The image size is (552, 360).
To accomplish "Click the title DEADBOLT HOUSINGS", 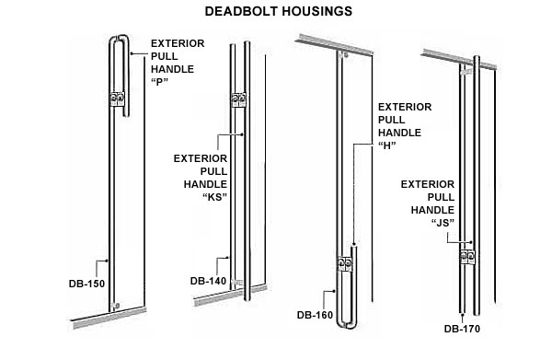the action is [279, 11].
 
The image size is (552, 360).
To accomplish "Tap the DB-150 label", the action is [86, 284].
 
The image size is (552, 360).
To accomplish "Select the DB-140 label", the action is [208, 281].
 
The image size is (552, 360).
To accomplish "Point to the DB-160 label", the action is [315, 315].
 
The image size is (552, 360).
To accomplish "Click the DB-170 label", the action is [462, 329].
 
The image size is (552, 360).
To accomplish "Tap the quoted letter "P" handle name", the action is [159, 82].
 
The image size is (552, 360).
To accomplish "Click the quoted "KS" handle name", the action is [215, 197].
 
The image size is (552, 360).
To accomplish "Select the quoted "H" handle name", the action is [387, 145].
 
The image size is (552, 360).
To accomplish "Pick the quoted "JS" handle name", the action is [443, 223].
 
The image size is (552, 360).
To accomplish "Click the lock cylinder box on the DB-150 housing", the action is [117, 99].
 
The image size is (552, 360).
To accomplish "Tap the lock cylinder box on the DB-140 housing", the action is [238, 100].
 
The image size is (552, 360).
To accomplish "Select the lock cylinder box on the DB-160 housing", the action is [345, 264].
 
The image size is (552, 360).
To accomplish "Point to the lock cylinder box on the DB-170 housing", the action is [467, 258].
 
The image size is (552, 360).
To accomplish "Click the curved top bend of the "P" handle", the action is [119, 37].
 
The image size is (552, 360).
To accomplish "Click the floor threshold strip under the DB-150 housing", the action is [109, 318].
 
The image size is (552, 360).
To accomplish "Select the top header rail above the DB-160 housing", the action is [335, 44].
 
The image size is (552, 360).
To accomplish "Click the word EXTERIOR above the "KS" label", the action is [201, 158].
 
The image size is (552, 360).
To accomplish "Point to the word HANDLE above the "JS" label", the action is [432, 210].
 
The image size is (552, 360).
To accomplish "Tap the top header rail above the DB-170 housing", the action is [459, 59].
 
